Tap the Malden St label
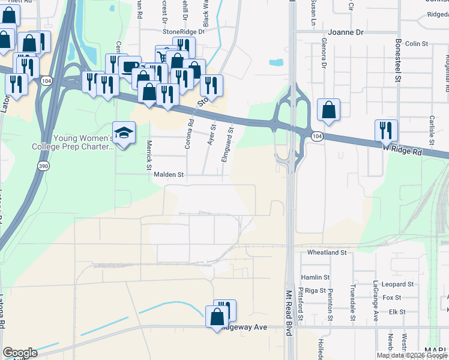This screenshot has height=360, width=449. pyautogui.click(x=169, y=175)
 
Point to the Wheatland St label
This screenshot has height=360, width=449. pyautogui.click(x=327, y=253)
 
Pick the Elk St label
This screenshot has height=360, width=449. pyautogui.click(x=397, y=312)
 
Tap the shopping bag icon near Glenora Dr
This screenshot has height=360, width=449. pyautogui.click(x=328, y=110)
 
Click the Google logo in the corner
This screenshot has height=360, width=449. pyautogui.click(x=20, y=353)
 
